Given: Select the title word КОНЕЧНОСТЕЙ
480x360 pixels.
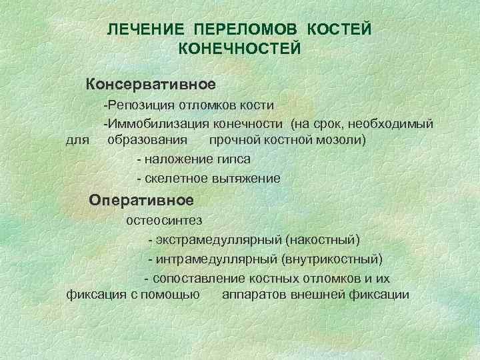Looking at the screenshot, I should pos(240,48).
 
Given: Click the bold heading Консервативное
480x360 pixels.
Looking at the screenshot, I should pos(150,85).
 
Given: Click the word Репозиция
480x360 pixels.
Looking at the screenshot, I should pos(139,106).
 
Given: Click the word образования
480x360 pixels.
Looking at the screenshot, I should pos(147,141).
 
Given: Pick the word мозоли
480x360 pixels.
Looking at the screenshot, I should pos(343,141).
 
